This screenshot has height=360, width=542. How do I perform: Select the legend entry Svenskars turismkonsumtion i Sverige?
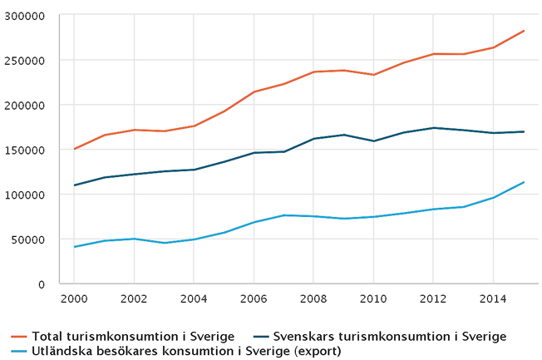tap(389, 337)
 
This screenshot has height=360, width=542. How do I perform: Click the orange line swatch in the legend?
tap(19, 337)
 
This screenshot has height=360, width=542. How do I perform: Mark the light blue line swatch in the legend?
tap(19, 351)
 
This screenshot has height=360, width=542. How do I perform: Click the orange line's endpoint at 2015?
tap(524, 31)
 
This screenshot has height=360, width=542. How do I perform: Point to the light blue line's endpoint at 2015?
tap(524, 182)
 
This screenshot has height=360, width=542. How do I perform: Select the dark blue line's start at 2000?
tap(74, 185)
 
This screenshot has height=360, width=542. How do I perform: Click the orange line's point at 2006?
tap(254, 91)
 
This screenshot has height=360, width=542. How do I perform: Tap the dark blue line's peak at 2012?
tap(434, 128)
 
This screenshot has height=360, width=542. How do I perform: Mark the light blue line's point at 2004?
tap(194, 239)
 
